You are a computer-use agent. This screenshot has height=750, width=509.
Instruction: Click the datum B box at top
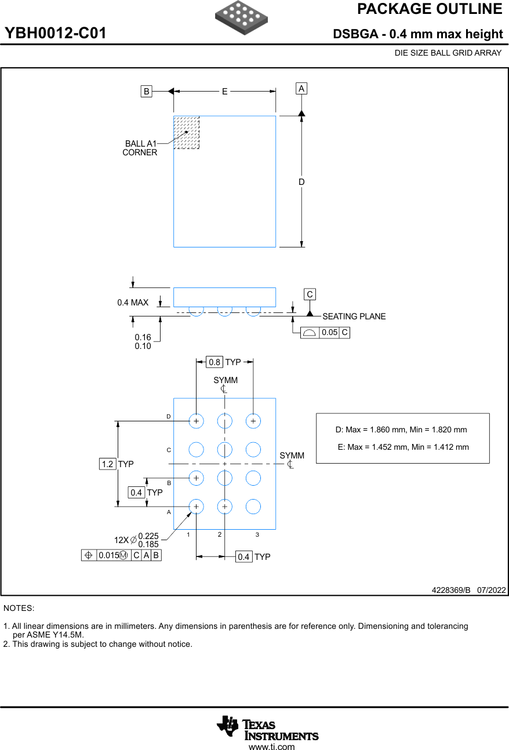(x=147, y=91)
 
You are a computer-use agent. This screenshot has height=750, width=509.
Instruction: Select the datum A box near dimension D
(x=301, y=89)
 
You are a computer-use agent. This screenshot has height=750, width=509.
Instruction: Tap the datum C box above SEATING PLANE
(x=310, y=294)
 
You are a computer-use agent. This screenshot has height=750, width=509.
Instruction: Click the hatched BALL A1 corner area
(x=187, y=132)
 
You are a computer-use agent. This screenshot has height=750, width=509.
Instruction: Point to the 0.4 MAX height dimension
(x=133, y=303)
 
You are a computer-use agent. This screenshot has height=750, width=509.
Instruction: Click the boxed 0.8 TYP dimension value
(x=214, y=362)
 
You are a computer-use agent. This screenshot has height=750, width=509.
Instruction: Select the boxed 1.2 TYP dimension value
(x=107, y=464)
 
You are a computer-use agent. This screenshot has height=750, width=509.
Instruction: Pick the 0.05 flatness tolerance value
(x=329, y=332)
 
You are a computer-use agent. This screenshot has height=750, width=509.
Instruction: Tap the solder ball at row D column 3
(x=253, y=421)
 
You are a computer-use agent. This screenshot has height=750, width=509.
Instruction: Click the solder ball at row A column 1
(x=197, y=507)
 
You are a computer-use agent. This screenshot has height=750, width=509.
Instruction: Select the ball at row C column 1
(x=197, y=449)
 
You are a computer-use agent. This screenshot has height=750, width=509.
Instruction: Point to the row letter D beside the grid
(x=169, y=417)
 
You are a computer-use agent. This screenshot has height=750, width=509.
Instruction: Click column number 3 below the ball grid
(x=257, y=534)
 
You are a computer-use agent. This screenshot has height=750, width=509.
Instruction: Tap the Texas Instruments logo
(x=267, y=727)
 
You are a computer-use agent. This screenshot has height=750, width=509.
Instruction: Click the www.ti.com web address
(x=271, y=747)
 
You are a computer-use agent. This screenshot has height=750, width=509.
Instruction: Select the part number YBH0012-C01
(x=56, y=33)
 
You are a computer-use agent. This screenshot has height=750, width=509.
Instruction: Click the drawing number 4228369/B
(x=451, y=590)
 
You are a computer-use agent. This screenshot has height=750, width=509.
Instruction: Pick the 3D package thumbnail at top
(x=241, y=15)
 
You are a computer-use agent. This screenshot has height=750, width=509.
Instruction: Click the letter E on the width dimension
(x=224, y=91)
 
